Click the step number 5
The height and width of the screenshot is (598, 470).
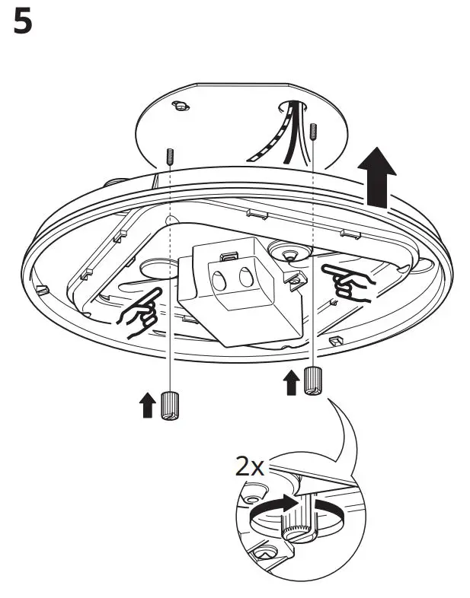click(24, 23)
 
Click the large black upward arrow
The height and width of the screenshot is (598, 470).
click(377, 177)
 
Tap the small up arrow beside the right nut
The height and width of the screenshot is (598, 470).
click(290, 383)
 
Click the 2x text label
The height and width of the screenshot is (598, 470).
click(249, 466)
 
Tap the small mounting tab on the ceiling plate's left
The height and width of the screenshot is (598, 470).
click(180, 106)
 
